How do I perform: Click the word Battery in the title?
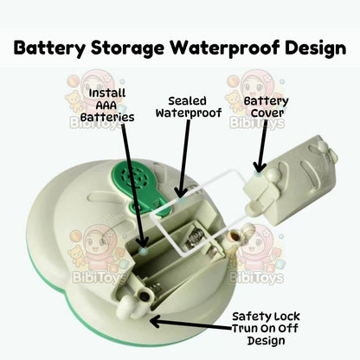[49, 48]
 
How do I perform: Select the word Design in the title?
[315, 48]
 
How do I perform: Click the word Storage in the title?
[127, 48]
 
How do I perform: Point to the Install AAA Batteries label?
[107, 105]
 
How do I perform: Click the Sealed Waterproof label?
[189, 106]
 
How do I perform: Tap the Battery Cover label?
[266, 106]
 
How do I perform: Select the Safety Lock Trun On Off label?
[266, 328]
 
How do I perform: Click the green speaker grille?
[135, 176]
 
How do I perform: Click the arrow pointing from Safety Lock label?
[191, 325]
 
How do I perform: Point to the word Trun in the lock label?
[245, 329]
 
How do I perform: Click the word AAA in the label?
[106, 106]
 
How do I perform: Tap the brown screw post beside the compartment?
[233, 237]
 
